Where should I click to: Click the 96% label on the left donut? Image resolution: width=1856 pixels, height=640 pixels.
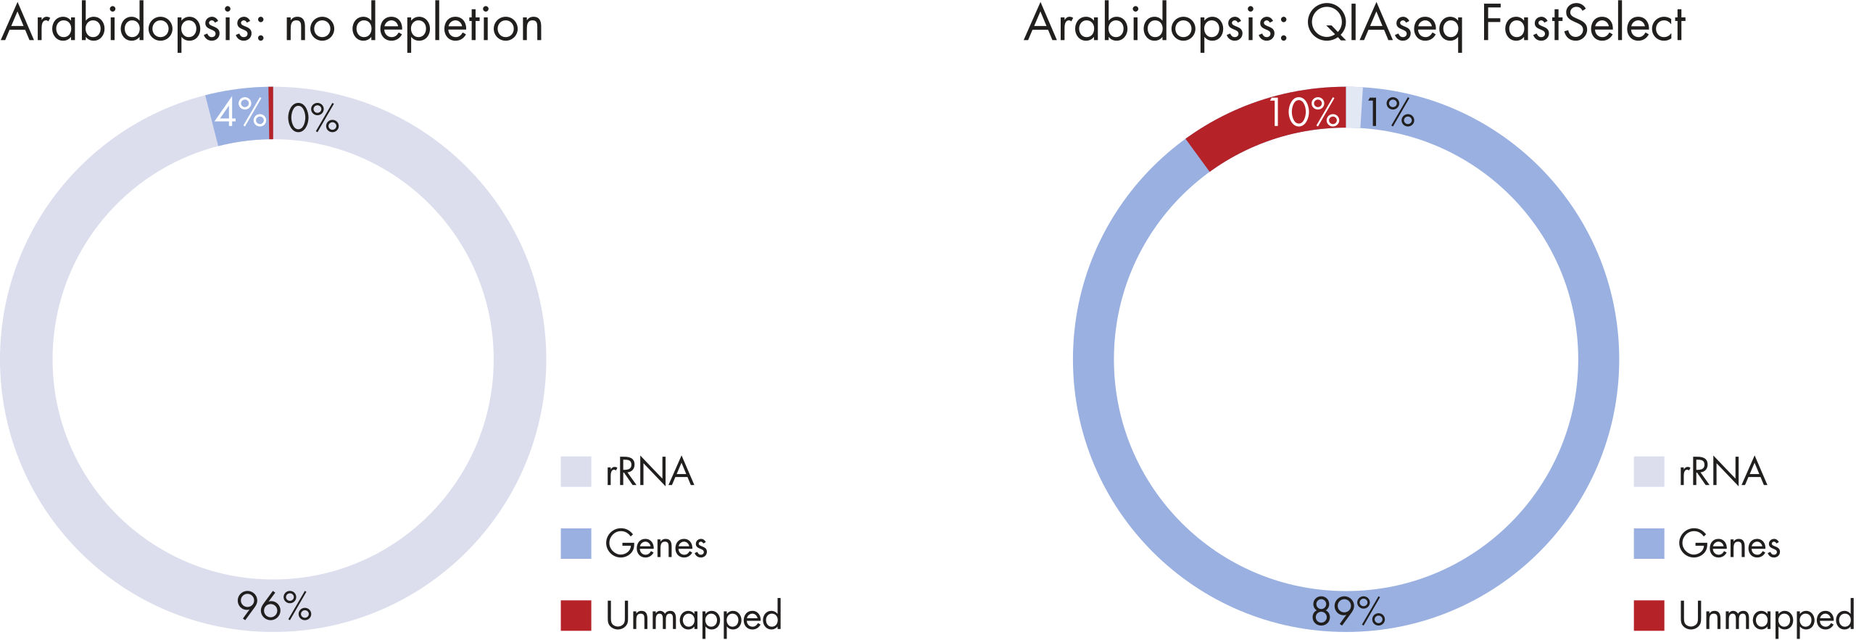click(274, 607)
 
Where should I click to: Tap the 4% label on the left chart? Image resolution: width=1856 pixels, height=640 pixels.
click(241, 112)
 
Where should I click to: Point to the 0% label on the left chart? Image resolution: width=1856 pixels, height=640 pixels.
click(313, 118)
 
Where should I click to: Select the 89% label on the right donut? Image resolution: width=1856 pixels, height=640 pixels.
click(1348, 611)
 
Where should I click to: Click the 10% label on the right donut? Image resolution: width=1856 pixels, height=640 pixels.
click(1304, 113)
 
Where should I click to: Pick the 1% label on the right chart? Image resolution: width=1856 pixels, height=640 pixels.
click(1391, 112)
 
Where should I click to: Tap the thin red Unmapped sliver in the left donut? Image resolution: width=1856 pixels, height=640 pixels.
click(271, 112)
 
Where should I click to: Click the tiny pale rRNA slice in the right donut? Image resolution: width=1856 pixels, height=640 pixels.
click(1354, 107)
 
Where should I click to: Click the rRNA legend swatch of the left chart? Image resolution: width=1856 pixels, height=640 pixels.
click(576, 471)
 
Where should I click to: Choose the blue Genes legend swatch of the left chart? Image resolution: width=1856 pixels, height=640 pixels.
click(576, 544)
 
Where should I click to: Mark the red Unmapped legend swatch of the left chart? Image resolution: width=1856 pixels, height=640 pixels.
click(576, 615)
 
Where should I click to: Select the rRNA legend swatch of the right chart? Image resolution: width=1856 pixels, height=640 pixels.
click(1649, 471)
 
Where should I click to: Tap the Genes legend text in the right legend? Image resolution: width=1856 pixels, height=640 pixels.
click(1729, 544)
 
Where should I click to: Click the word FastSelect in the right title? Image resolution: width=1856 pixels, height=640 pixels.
click(1583, 24)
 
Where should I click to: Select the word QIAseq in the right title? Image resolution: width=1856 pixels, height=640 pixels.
click(1385, 27)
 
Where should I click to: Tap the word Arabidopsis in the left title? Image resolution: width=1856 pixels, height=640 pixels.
click(136, 26)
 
